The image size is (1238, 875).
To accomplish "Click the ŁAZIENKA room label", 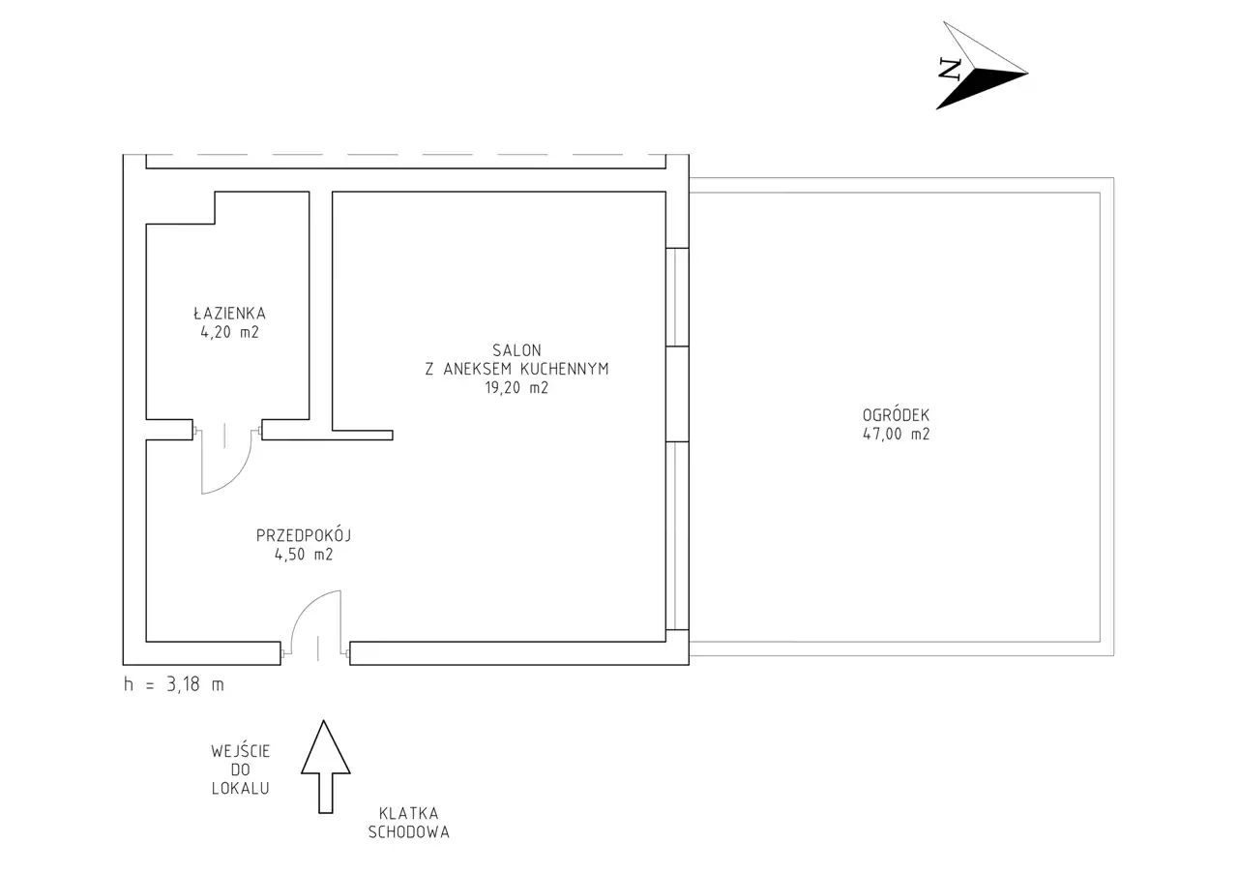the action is pyautogui.click(x=229, y=313).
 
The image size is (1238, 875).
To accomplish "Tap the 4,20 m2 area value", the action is pyautogui.click(x=229, y=332).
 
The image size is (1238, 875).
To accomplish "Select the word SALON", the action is pyautogui.click(x=516, y=350).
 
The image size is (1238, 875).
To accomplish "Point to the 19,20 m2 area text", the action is pyautogui.click(x=516, y=388).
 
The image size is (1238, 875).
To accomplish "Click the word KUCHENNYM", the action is pyautogui.click(x=564, y=369).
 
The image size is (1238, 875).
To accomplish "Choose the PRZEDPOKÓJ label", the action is pyautogui.click(x=304, y=535).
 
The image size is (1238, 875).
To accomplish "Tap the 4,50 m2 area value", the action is pyautogui.click(x=304, y=555).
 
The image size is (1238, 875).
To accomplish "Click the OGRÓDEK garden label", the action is pyautogui.click(x=896, y=415).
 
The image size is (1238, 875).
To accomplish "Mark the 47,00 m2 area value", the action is pyautogui.click(x=896, y=434).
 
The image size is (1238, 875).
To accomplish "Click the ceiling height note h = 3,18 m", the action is pyautogui.click(x=173, y=684).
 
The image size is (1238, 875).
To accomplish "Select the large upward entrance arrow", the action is pyautogui.click(x=326, y=768).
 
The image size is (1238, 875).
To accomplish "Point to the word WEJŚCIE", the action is pyautogui.click(x=241, y=751).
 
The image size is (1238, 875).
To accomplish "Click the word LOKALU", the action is pyautogui.click(x=241, y=789).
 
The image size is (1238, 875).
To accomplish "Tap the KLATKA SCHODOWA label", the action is pyautogui.click(x=408, y=823).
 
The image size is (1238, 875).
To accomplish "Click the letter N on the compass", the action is pyautogui.click(x=950, y=69).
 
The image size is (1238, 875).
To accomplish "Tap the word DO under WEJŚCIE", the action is pyautogui.click(x=241, y=769).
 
